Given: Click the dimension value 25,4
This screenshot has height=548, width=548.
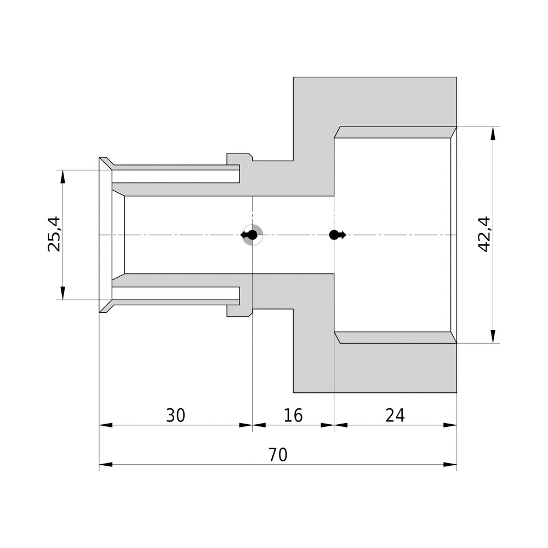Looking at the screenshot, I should [54, 234].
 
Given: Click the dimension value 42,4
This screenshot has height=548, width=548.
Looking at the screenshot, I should [484, 234].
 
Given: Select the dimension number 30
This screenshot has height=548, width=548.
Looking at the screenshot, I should [175, 416].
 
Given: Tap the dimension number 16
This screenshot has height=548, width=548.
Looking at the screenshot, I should [293, 416].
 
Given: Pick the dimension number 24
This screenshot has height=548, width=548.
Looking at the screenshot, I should [395, 416].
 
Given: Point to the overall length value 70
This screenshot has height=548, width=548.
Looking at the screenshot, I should [278, 455].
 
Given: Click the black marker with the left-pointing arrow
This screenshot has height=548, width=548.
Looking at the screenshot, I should [250, 235].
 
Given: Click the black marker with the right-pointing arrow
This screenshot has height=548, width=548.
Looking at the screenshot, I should [336, 235].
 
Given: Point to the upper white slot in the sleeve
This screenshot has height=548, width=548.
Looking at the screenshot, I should [175, 176].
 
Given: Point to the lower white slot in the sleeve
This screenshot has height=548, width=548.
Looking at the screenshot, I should [175, 293].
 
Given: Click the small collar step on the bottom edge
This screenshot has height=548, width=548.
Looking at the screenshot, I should [239, 311].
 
